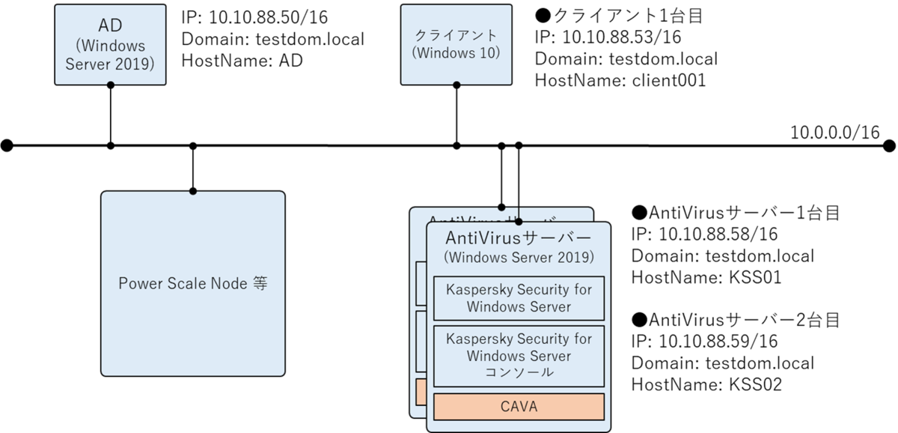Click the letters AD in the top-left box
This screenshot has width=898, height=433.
click(x=110, y=25)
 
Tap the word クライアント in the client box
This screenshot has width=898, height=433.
click(x=456, y=35)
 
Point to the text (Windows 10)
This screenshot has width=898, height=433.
click(x=456, y=53)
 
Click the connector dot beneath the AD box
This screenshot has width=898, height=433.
click(x=110, y=84)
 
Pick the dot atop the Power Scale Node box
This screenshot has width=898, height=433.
click(x=193, y=192)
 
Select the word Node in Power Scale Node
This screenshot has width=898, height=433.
click(x=230, y=284)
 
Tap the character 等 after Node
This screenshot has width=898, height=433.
click(x=260, y=284)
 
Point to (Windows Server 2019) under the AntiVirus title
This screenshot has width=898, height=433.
click(x=519, y=257)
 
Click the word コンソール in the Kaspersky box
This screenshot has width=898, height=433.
click(x=519, y=372)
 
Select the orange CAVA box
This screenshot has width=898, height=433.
click(x=519, y=407)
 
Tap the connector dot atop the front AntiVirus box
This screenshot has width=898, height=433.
click(x=518, y=222)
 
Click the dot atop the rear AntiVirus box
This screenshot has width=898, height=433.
click(x=501, y=208)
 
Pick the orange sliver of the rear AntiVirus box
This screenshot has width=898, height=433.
click(x=421, y=390)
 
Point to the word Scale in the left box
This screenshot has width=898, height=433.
click(x=186, y=284)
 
